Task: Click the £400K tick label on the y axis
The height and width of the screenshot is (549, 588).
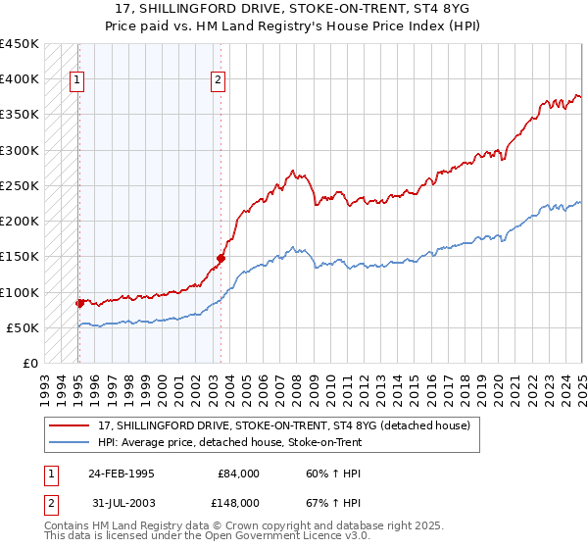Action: [19, 79]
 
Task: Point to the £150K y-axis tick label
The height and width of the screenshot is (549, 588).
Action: [19, 257]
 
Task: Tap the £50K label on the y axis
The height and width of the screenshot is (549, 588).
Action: [23, 327]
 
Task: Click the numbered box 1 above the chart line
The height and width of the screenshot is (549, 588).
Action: [76, 81]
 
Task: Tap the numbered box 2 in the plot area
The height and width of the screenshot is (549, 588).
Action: [218, 81]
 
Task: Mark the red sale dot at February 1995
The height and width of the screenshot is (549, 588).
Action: [78, 304]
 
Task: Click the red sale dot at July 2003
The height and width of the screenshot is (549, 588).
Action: [221, 258]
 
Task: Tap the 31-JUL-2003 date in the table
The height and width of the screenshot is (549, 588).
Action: [121, 502]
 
